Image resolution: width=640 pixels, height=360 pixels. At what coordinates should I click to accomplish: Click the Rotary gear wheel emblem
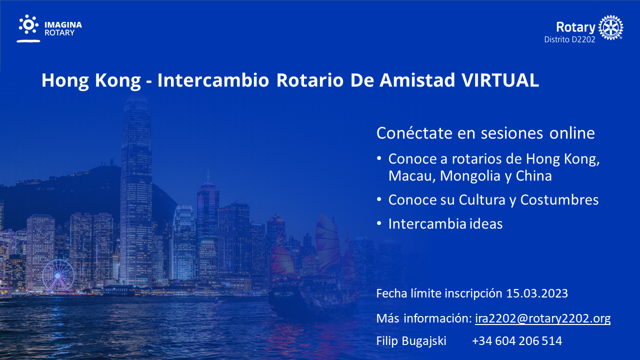pyautogui.click(x=611, y=27)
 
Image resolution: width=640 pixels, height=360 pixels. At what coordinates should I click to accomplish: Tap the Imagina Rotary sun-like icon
pyautogui.click(x=28, y=25)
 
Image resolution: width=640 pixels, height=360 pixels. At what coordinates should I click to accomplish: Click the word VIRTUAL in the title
pyautogui.click(x=500, y=80)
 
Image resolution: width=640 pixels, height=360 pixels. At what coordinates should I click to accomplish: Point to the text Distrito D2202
pyautogui.click(x=569, y=39)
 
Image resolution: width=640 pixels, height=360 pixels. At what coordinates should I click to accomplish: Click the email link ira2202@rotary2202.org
pyautogui.click(x=543, y=318)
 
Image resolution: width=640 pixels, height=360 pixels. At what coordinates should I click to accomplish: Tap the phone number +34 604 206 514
pyautogui.click(x=517, y=341)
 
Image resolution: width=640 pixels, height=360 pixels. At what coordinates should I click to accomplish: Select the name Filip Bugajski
pyautogui.click(x=411, y=341)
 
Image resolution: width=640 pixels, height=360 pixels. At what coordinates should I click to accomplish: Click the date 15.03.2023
pyautogui.click(x=537, y=293)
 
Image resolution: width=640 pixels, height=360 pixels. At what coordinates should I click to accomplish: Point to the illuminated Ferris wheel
pyautogui.click(x=58, y=275)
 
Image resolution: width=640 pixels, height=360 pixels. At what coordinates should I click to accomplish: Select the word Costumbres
pyautogui.click(x=559, y=199)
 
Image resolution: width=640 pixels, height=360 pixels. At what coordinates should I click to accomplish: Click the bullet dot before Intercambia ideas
pyautogui.click(x=379, y=223)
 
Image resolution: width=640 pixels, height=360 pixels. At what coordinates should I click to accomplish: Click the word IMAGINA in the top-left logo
pyautogui.click(x=63, y=25)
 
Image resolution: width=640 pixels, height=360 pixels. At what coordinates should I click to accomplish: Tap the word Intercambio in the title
pyautogui.click(x=213, y=80)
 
